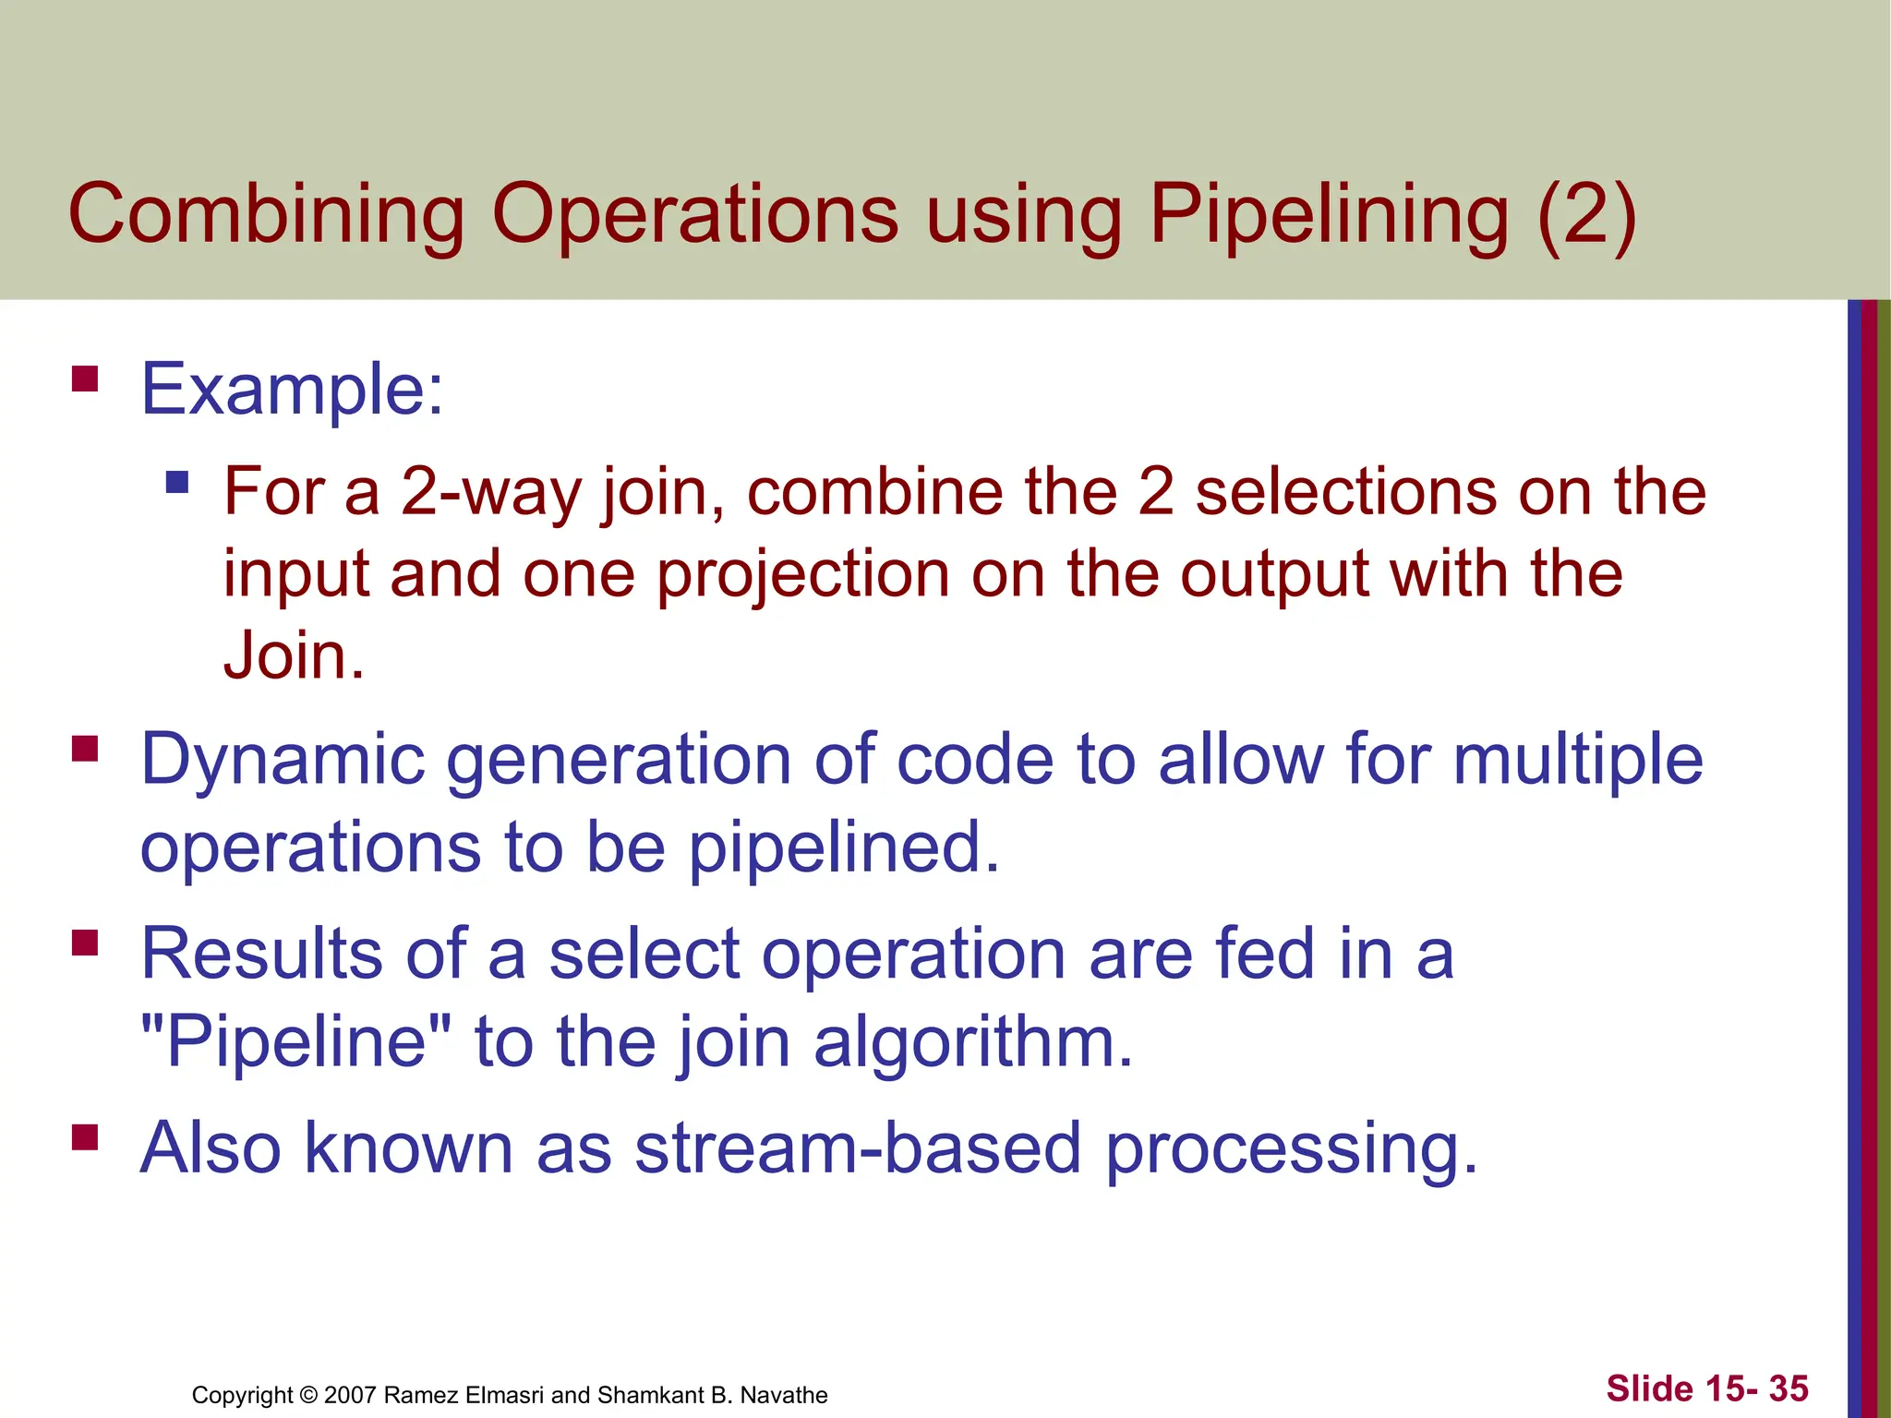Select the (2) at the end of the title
1586,214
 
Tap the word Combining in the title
266,214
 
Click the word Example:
292,390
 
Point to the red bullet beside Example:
85,379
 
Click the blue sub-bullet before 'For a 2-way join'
176,482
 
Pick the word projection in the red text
803,574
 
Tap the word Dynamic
283,760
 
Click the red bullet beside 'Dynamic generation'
85,748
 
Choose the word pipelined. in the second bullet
844,847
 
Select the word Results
261,954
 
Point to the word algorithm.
973,1041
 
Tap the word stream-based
858,1148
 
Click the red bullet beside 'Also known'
85,1136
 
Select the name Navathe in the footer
784,1395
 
